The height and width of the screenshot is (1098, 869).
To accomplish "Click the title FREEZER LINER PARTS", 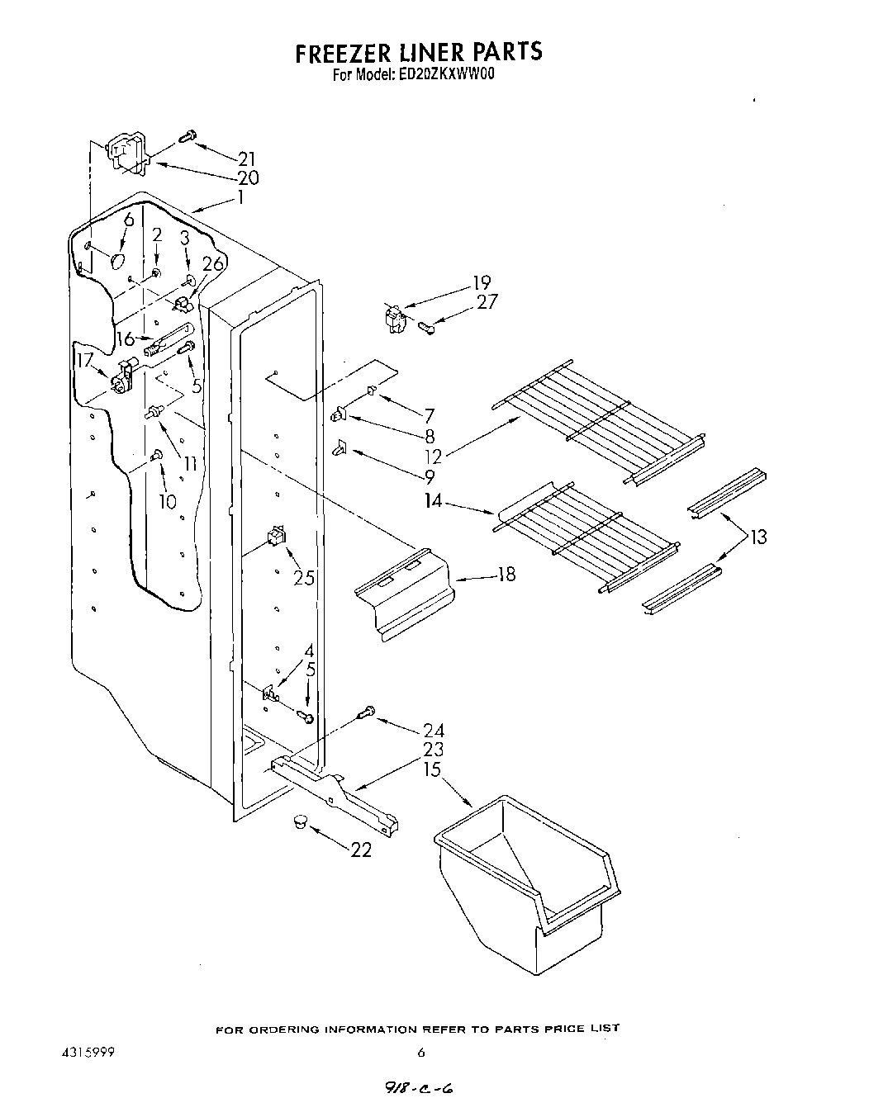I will tap(419, 52).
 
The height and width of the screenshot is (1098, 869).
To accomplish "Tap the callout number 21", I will tap(245, 159).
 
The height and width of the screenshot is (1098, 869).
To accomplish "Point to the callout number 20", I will tap(247, 177).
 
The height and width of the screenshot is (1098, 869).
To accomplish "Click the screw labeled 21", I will tap(188, 136).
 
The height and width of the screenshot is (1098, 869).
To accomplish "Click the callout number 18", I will tap(506, 574).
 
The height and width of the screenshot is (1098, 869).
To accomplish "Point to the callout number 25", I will tap(304, 578).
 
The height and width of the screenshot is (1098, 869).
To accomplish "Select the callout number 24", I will tap(433, 730).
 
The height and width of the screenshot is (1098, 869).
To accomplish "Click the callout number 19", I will tap(482, 282).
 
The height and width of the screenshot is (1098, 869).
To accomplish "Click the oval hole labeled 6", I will tap(118, 261).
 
